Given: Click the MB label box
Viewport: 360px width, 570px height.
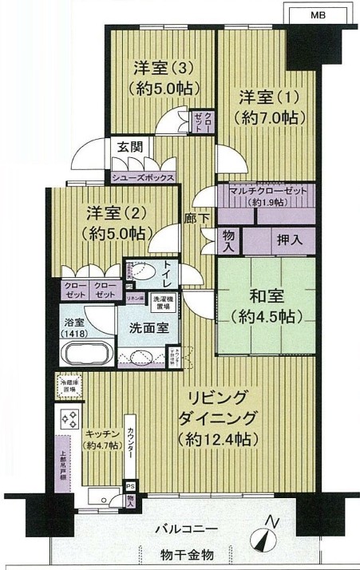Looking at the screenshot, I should pyautogui.click(x=318, y=14).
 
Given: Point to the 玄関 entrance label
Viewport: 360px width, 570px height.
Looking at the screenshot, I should pyautogui.click(x=129, y=147).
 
